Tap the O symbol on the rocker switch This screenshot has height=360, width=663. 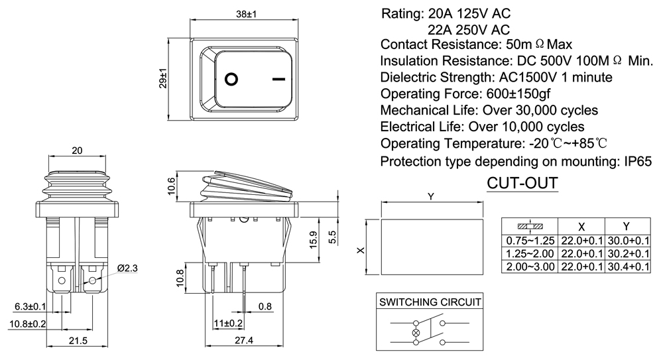231,79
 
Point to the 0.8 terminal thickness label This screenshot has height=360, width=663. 265,306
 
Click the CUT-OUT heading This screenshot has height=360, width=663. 522,182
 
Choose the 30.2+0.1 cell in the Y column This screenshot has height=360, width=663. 627,253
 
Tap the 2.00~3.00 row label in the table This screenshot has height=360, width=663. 530,266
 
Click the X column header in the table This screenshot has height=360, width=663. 581,225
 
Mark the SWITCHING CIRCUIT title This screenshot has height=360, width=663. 430,302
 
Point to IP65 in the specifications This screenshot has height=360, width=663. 634,161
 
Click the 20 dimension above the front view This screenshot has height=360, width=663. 77,151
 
